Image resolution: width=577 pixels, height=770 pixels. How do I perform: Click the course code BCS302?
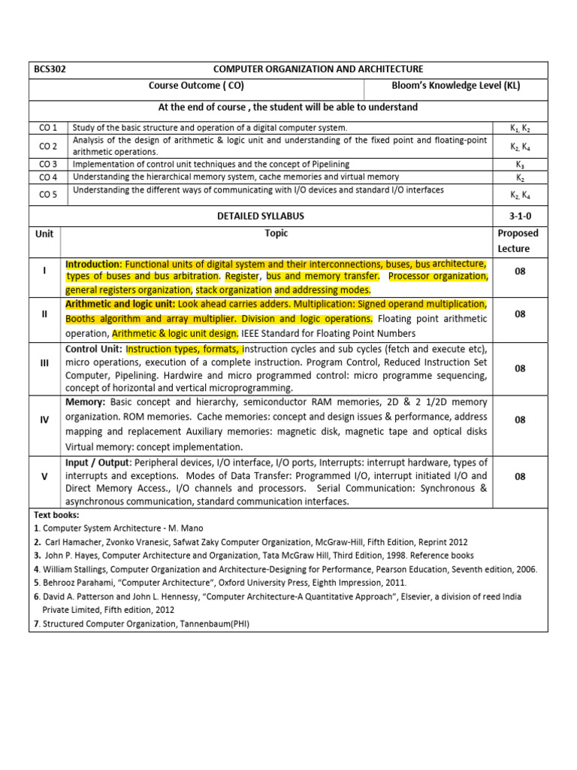coord(50,69)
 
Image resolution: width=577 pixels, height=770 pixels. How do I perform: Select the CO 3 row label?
coord(48,164)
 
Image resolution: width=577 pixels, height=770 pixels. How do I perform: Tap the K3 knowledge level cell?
coord(520,165)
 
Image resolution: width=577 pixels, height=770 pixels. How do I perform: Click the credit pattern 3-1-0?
coord(520,216)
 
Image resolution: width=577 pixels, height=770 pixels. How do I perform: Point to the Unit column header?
coord(44,234)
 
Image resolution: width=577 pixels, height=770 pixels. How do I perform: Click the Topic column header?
coord(276,234)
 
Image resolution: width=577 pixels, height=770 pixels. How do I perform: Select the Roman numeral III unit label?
coord(44,363)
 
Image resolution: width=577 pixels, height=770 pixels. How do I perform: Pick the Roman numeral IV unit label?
coord(44,420)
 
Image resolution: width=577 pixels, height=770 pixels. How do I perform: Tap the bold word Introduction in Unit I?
coord(93,265)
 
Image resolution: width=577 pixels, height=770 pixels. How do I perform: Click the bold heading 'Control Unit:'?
coord(95,349)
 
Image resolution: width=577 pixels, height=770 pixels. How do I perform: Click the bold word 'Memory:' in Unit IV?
coord(86,403)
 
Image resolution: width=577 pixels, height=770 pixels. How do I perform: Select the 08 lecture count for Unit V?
coord(520,476)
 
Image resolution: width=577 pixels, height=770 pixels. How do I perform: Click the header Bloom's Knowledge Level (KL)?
coord(456,86)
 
